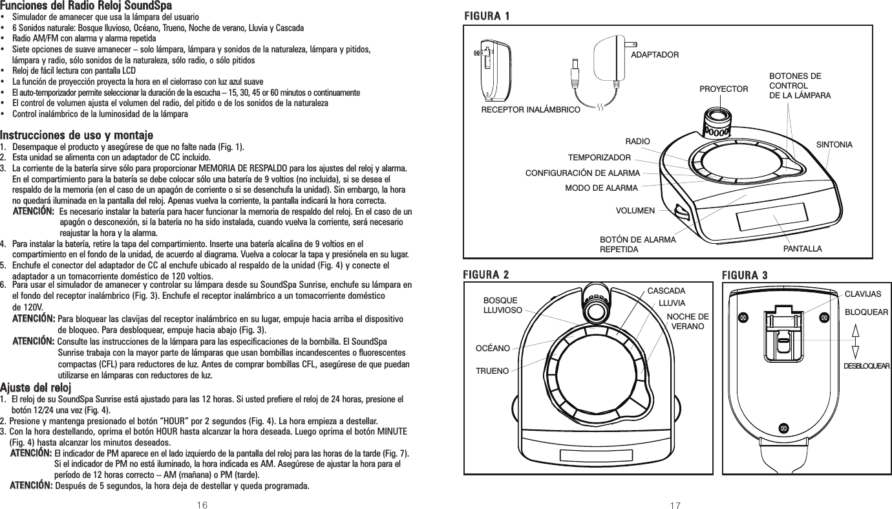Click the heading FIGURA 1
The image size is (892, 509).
coord(485,15)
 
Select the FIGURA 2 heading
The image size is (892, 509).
coord(485,275)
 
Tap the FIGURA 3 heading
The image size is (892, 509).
coord(745,275)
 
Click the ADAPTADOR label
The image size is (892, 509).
coord(655,55)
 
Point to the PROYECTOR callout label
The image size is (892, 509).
coord(724,88)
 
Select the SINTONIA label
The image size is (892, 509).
coord(834,144)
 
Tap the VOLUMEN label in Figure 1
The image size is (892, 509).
coord(635,211)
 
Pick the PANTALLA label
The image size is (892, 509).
coord(803,248)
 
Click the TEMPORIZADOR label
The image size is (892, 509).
coord(599,157)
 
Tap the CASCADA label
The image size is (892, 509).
coord(666,291)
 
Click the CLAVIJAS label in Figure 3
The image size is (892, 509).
coord(863,294)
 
